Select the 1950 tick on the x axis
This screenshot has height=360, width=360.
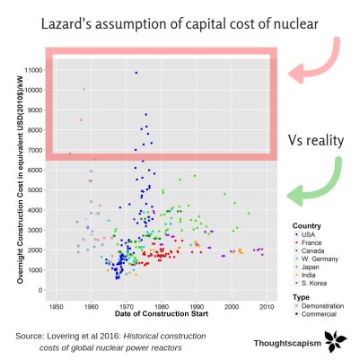[x=56, y=307]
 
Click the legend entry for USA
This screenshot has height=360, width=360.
[x=308, y=233]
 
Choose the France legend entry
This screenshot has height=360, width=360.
[x=311, y=242]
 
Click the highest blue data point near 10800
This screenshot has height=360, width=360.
[x=136, y=73]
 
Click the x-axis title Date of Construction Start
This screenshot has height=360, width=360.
[x=161, y=317]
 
